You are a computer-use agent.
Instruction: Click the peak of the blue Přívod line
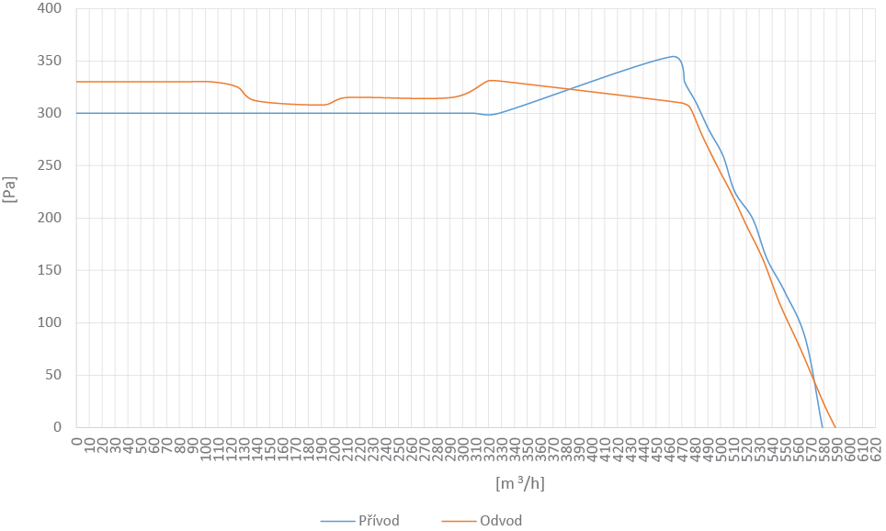675,56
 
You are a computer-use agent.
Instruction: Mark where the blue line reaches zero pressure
822,426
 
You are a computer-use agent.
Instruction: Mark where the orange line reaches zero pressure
835,426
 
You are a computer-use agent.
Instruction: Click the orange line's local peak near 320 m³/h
491,81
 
